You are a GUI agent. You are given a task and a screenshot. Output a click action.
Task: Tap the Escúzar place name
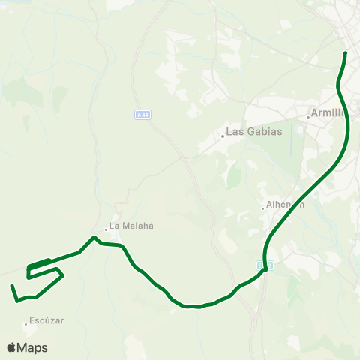47,320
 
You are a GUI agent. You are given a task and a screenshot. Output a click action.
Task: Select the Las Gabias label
253,132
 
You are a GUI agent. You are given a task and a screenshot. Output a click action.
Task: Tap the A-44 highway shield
143,114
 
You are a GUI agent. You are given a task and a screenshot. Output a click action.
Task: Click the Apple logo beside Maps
11,347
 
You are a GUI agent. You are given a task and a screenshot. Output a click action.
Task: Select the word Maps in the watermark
33,347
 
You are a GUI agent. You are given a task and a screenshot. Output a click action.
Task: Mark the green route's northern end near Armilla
345,53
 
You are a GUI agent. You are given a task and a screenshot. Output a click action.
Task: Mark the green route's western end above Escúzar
11,286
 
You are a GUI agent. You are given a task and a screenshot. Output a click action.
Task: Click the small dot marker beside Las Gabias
223,136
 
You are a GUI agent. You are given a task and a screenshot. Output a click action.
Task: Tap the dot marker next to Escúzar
25,324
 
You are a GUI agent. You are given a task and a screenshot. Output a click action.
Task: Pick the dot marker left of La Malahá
106,229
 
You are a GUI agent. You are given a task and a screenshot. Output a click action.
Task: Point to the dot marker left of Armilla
308,116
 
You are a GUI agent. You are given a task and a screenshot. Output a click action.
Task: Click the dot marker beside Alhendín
262,208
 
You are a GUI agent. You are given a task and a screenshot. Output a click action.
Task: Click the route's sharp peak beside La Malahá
94,238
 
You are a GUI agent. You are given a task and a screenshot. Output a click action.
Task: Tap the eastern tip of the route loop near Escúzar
63,275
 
